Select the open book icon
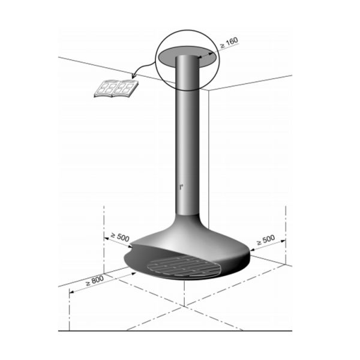(115, 89)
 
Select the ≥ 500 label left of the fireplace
(120, 237)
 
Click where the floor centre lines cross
(182, 305)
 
